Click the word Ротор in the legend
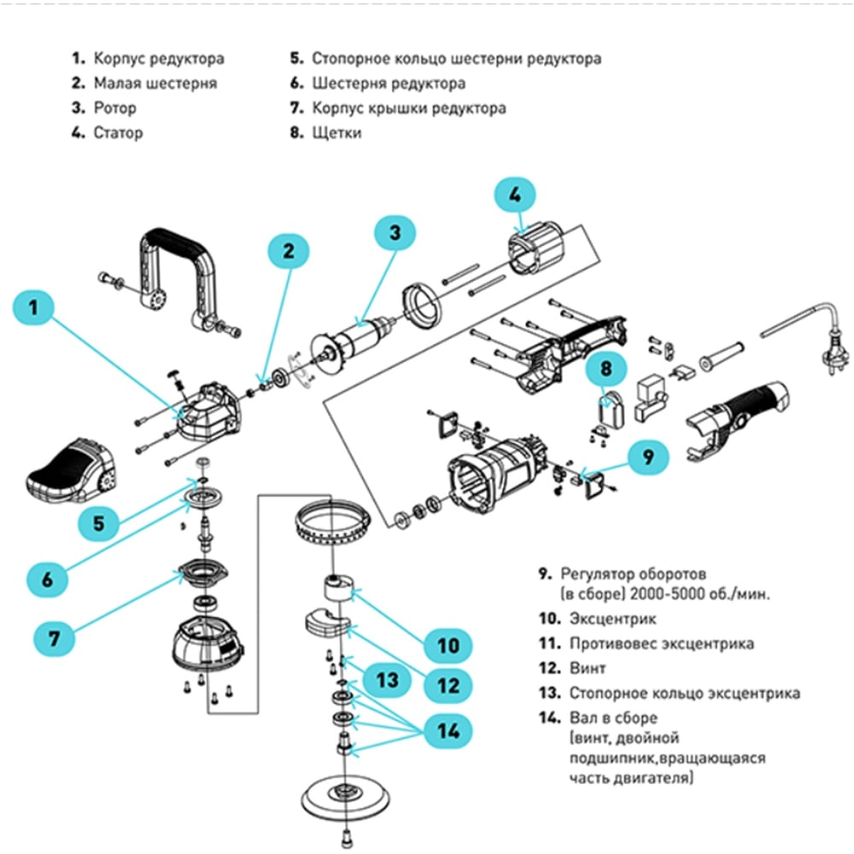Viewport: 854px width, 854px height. pyautogui.click(x=114, y=108)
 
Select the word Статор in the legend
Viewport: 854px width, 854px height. pyautogui.click(x=118, y=133)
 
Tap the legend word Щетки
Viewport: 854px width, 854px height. pyautogui.click(x=336, y=133)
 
